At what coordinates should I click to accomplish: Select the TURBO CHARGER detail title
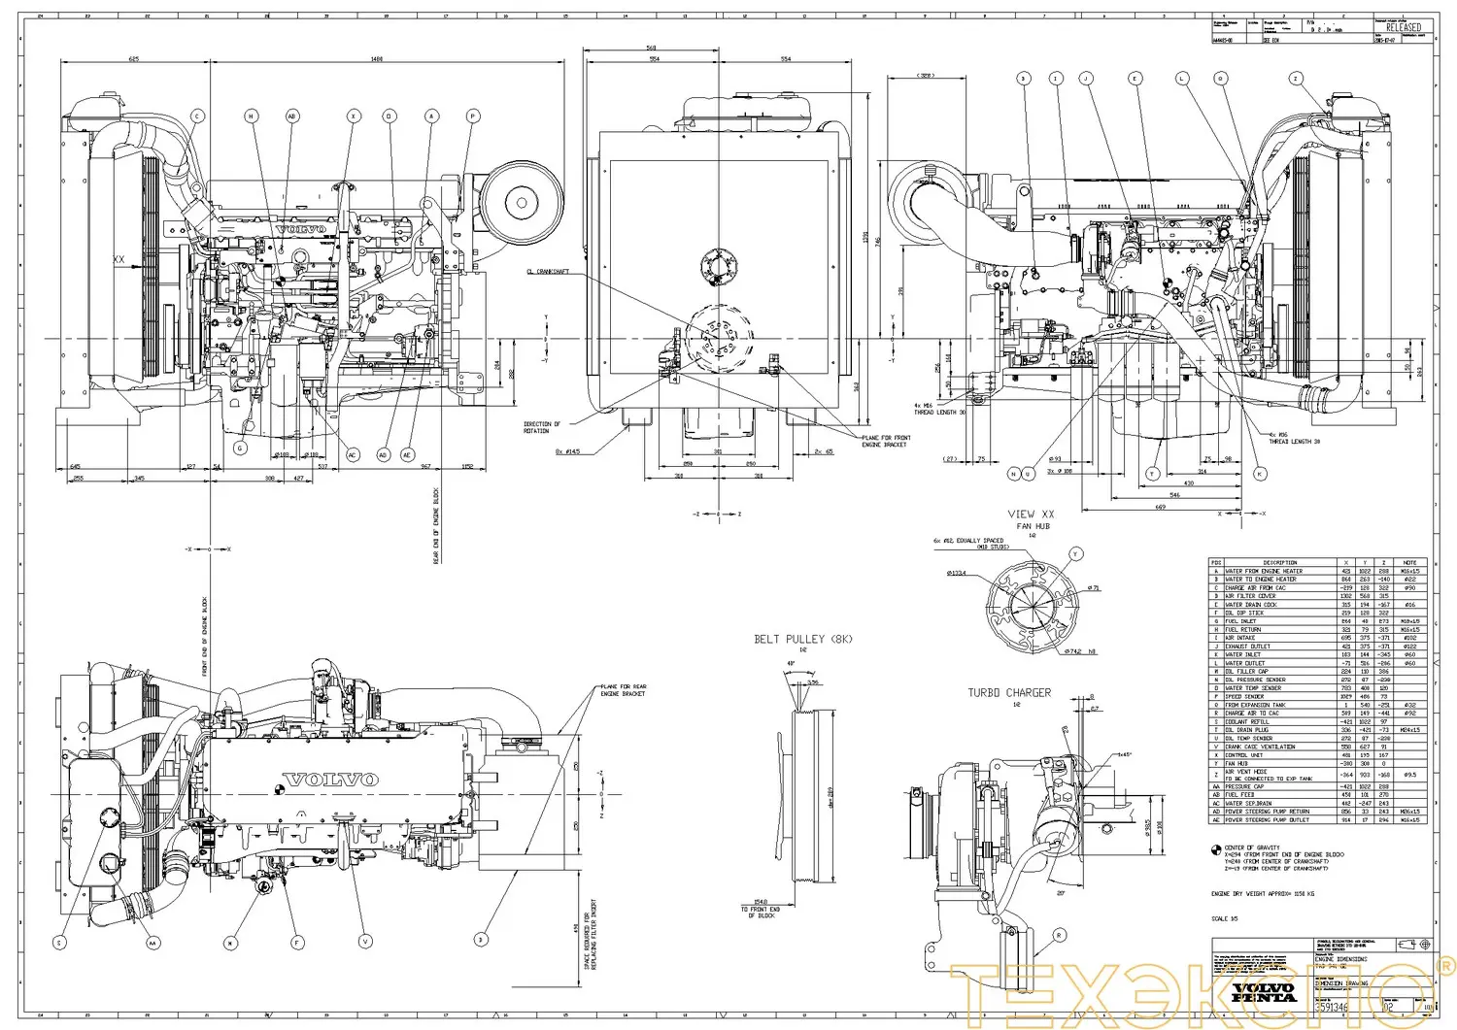tap(1008, 693)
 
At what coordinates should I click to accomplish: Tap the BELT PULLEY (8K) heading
tap(801, 639)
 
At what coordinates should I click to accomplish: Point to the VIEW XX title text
tap(1031, 514)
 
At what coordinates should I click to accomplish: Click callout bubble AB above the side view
tap(292, 116)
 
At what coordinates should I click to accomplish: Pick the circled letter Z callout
tap(1295, 78)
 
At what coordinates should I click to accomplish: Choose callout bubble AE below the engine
tap(407, 454)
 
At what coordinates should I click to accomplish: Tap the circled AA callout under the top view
tap(152, 942)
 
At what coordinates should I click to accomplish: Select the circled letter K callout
tap(1260, 474)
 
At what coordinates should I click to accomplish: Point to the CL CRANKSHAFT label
tap(546, 272)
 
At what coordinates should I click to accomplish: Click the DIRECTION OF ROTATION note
tap(542, 427)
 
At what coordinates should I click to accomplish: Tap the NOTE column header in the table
tap(1409, 562)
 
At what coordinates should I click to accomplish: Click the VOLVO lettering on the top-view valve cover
tap(329, 780)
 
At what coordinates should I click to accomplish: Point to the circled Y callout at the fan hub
tap(1075, 553)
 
